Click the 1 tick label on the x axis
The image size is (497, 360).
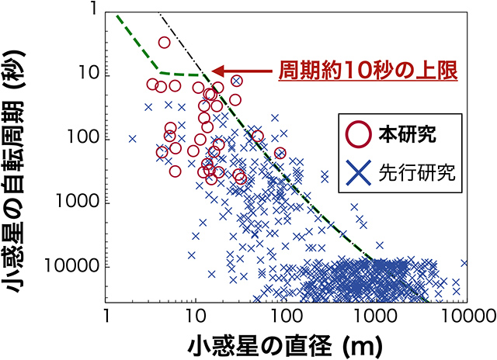click(x=106, y=315)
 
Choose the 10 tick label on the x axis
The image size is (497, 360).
click(x=196, y=315)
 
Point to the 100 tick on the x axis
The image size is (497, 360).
click(x=286, y=315)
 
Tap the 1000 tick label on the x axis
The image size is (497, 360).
click(x=376, y=315)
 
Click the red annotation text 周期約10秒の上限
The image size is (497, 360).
click(x=367, y=70)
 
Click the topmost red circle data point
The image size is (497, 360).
click(x=164, y=43)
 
